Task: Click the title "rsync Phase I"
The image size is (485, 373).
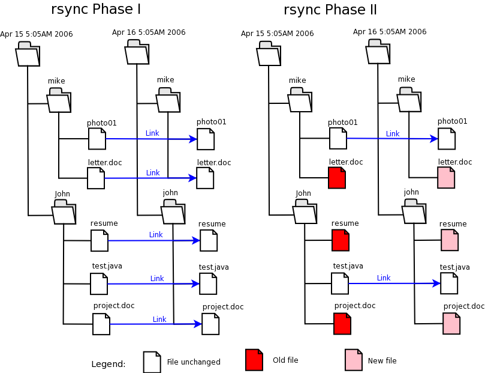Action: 96,10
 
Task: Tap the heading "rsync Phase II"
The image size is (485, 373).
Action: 330,10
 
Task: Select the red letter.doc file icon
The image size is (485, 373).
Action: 337,178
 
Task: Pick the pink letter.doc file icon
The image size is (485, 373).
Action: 446,178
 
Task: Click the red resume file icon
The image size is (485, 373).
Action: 341,240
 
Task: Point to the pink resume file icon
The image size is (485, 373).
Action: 450,240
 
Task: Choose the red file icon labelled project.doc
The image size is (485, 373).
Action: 342,324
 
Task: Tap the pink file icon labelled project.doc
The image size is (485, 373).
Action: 451,324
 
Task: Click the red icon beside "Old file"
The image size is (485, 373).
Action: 254,360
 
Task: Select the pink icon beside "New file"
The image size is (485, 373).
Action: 354,360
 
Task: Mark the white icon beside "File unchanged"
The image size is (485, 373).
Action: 152,362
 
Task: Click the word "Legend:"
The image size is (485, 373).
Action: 108,364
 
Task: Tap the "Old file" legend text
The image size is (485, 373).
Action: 285,360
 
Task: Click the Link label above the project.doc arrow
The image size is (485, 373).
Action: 159,320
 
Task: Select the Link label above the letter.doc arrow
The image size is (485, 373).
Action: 153,173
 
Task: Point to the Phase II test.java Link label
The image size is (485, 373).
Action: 384,278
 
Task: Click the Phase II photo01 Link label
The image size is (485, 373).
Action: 393,134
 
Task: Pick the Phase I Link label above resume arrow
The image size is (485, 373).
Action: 156,235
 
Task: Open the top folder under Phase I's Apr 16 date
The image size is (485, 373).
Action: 137,53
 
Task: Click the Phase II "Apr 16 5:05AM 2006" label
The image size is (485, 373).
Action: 390,32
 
